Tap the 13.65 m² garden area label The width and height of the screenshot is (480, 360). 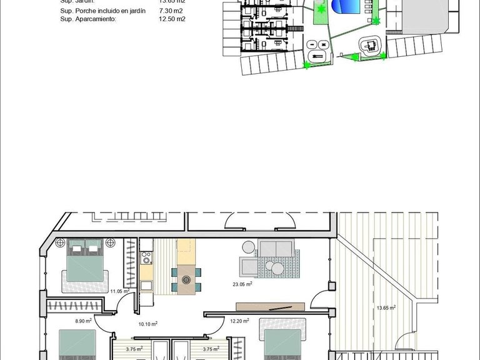[x=386, y=307]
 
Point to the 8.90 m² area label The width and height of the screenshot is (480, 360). [x=83, y=321]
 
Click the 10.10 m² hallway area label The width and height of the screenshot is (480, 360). [x=147, y=324]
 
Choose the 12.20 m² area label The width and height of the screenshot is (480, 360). [x=239, y=321]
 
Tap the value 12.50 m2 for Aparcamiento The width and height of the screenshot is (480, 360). [x=172, y=19]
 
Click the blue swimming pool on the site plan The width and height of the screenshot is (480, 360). [x=346, y=7]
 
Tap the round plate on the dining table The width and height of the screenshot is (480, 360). [x=186, y=281]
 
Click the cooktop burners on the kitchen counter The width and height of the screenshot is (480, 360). [x=146, y=257]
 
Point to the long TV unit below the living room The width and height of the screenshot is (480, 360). [x=271, y=306]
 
